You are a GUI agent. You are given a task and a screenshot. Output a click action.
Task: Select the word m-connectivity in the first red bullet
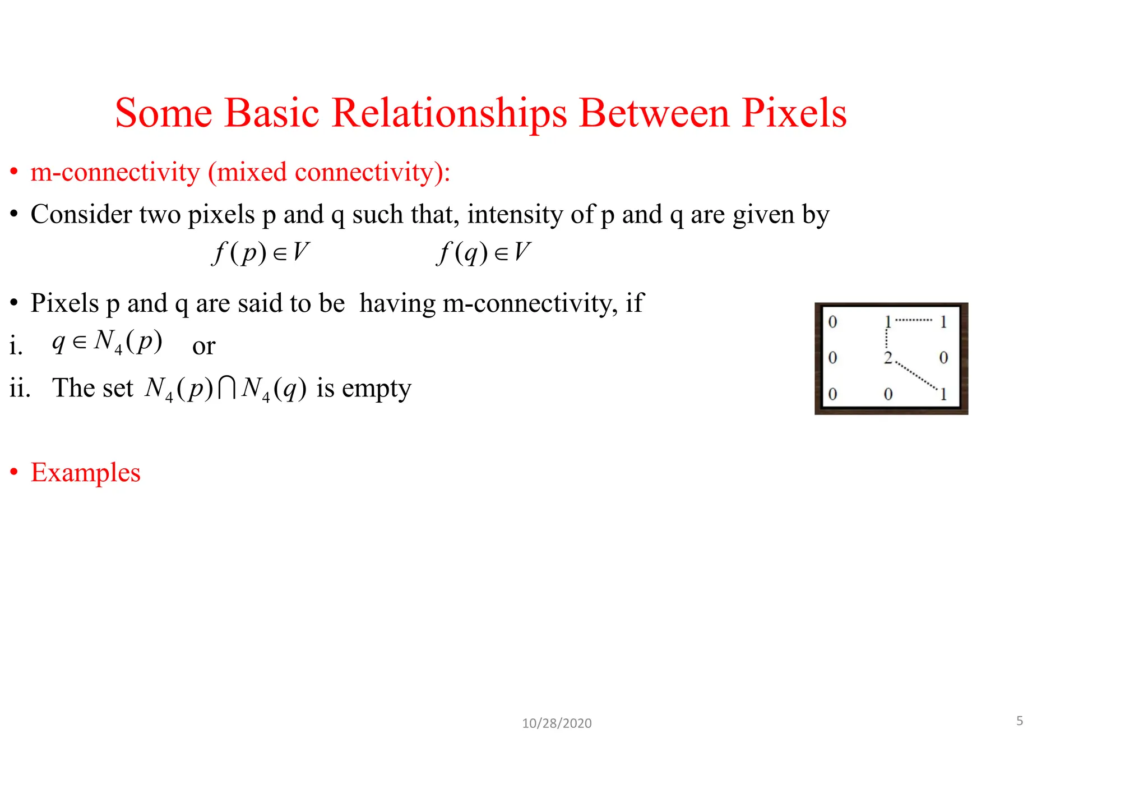115,172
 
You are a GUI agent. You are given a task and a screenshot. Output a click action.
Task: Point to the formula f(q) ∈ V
483,252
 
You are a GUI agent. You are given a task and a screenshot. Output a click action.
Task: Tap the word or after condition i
203,346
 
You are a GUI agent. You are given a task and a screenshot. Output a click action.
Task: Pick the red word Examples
85,472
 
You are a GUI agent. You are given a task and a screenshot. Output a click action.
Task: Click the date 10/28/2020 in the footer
557,723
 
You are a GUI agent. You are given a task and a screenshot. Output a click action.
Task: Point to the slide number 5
1020,721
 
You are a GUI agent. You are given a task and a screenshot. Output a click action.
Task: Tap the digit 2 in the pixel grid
888,357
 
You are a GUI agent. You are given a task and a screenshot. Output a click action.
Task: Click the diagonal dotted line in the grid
916,375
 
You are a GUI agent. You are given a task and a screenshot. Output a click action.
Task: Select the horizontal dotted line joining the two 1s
914,320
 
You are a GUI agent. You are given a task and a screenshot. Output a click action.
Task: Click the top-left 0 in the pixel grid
832,322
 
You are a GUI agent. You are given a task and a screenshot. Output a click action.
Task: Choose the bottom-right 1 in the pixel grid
943,394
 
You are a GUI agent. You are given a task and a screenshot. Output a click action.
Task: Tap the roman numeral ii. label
20,388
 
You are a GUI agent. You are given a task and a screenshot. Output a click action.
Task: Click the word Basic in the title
272,114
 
